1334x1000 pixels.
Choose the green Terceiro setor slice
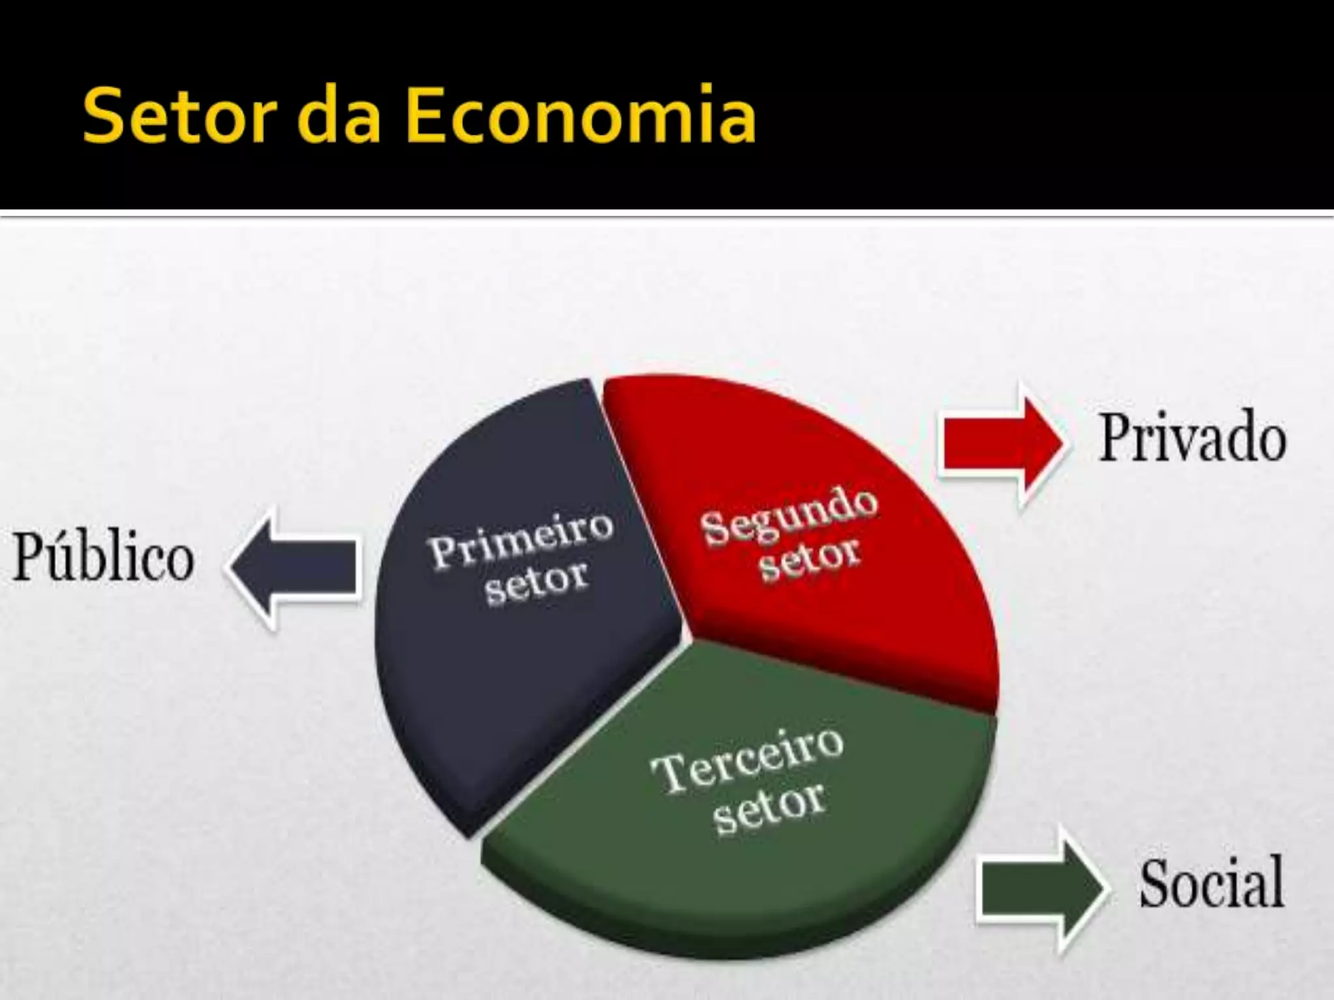click(749, 866)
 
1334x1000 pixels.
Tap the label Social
click(1212, 884)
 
